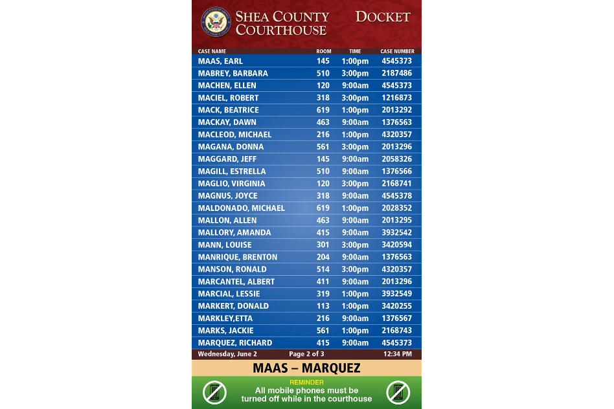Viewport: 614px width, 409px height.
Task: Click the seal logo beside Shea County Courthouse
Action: (x=216, y=23)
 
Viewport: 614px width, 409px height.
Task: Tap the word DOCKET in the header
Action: (x=383, y=17)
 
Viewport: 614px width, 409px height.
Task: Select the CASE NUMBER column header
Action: (x=397, y=51)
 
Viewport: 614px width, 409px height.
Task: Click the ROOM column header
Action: (x=323, y=51)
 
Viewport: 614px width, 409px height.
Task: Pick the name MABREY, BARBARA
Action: (x=233, y=73)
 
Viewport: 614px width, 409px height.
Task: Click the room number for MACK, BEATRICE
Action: (x=323, y=110)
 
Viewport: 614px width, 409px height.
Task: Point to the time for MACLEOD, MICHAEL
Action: (x=355, y=135)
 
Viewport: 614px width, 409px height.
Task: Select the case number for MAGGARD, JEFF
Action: (x=397, y=159)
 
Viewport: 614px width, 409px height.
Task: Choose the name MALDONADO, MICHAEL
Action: (x=241, y=208)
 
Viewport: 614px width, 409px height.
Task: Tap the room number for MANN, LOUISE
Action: (x=323, y=245)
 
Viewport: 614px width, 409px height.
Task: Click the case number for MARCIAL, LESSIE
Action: (x=397, y=294)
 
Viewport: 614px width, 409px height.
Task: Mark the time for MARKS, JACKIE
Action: (x=355, y=331)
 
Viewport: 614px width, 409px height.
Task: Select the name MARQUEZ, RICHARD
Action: (x=234, y=343)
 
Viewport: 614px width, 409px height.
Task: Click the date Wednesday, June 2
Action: (x=227, y=354)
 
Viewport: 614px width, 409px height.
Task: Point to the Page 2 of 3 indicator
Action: (x=306, y=354)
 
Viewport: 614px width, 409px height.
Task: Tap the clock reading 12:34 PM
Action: (x=397, y=354)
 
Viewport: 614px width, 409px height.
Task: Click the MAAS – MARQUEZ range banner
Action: (x=306, y=368)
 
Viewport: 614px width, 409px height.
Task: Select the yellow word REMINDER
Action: (x=306, y=382)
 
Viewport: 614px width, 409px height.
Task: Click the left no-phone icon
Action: (x=214, y=393)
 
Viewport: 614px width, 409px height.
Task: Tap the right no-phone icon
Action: (x=398, y=393)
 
